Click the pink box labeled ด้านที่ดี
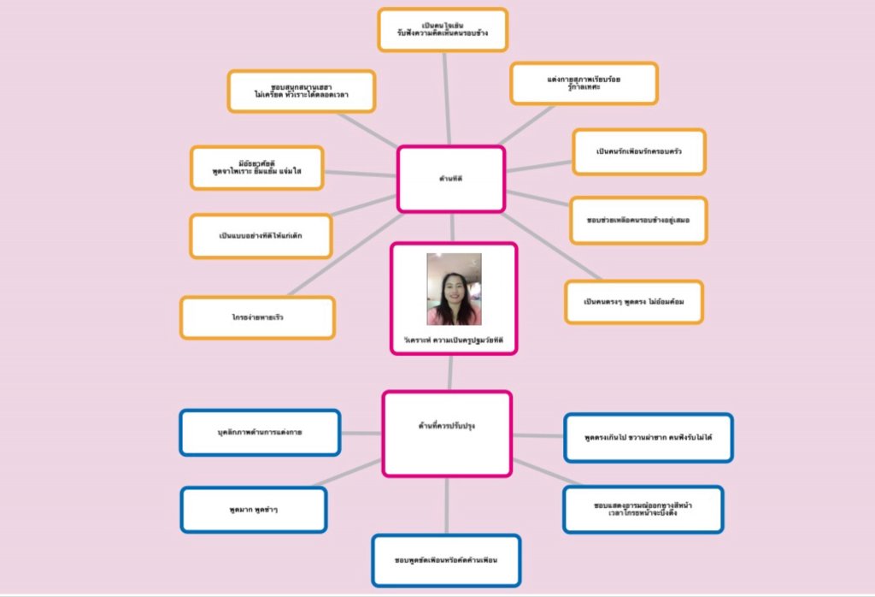(450, 179)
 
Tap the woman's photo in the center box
(454, 289)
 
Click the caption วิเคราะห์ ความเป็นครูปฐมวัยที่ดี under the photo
(454, 340)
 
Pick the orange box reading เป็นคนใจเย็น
(443, 30)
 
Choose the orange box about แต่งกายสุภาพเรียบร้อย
(584, 83)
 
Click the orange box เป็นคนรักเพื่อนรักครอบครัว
(639, 152)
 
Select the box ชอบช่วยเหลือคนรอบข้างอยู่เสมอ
(638, 220)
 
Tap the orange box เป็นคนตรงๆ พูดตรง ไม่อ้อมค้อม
(633, 302)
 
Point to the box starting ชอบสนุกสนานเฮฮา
(301, 92)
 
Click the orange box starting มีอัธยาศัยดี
(257, 168)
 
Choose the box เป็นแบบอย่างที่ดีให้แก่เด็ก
(261, 236)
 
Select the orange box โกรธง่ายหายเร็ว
(257, 317)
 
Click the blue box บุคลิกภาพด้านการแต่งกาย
(260, 433)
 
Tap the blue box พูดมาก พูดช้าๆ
(254, 510)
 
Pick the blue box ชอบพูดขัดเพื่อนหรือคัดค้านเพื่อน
(446, 560)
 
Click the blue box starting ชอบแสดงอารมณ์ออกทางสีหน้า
(643, 510)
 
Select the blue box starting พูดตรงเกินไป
(648, 437)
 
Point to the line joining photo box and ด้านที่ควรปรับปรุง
(450, 373)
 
